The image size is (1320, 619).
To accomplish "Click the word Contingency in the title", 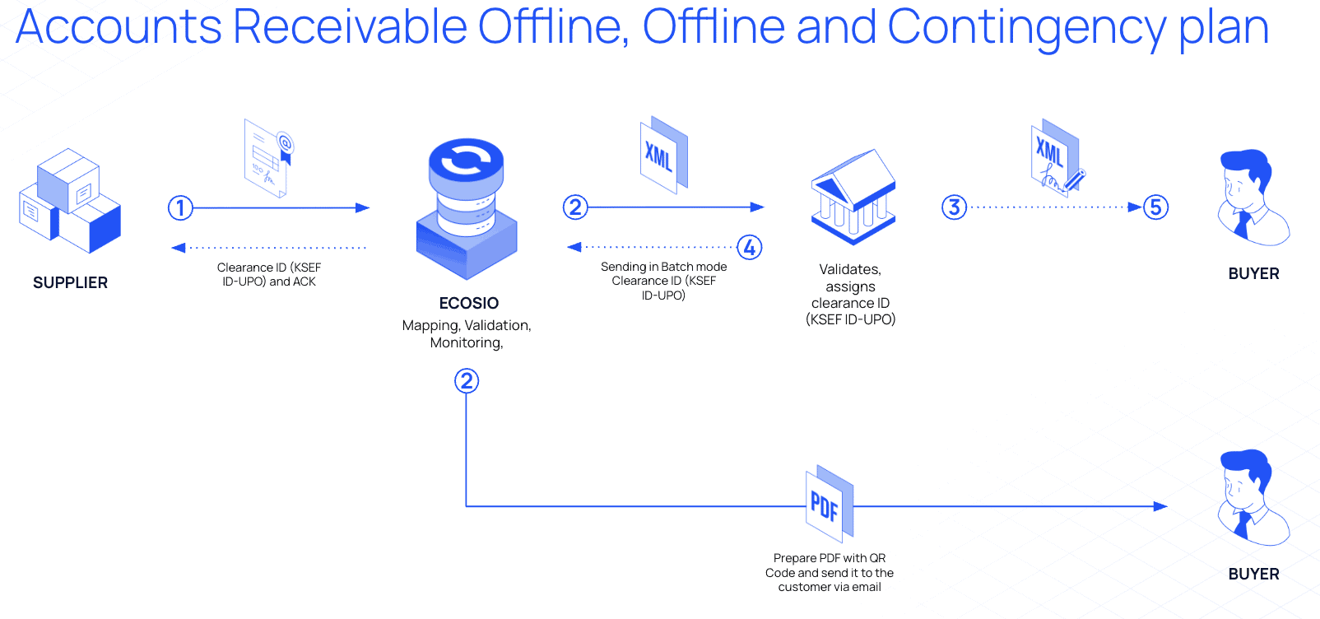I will (1026, 28).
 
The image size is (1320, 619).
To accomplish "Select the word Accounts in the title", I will (119, 28).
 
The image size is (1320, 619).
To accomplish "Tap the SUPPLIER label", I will (70, 282).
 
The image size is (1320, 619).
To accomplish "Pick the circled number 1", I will (180, 207).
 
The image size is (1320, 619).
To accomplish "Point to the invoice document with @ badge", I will (268, 158).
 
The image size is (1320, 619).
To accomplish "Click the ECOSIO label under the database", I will (468, 303).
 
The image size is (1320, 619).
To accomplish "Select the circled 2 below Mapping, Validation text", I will (467, 380).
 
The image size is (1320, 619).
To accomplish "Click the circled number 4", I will (749, 247).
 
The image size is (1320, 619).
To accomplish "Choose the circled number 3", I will (954, 207).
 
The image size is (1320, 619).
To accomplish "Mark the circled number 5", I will (1155, 207).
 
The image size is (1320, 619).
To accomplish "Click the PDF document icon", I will (828, 505).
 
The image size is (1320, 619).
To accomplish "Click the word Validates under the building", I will (850, 269).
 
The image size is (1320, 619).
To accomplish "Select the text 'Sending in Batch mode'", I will (663, 267).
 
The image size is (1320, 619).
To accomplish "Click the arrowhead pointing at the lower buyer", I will (1161, 506).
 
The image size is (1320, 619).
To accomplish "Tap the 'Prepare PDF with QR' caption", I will (830, 558).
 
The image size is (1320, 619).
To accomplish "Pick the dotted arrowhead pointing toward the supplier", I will (178, 247).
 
